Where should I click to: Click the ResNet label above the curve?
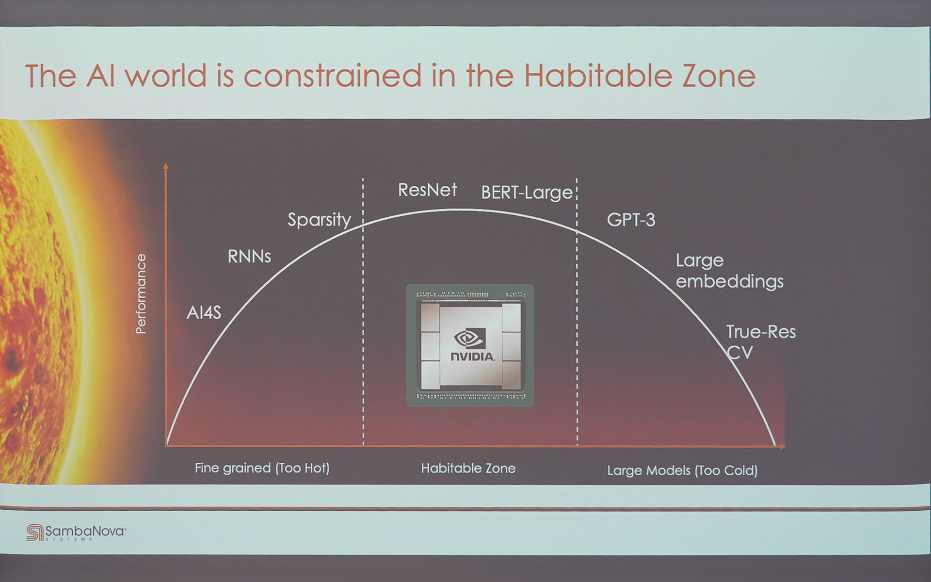[427, 190]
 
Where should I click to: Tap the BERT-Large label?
[527, 193]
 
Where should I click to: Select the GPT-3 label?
[631, 220]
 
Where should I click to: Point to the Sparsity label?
[319, 220]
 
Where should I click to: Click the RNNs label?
[249, 256]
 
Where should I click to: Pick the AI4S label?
[204, 313]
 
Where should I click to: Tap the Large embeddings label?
[729, 271]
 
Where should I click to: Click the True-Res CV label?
[760, 342]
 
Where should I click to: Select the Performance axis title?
[141, 294]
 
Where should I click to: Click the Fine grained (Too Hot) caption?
[262, 468]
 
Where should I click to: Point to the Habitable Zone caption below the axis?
[468, 468]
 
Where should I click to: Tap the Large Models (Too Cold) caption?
[682, 470]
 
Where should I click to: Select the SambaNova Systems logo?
[76, 532]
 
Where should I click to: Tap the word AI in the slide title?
[101, 76]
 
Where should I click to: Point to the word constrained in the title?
[332, 76]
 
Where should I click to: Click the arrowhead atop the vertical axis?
[166, 166]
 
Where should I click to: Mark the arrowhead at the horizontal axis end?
[782, 446]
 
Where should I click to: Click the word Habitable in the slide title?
[598, 76]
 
